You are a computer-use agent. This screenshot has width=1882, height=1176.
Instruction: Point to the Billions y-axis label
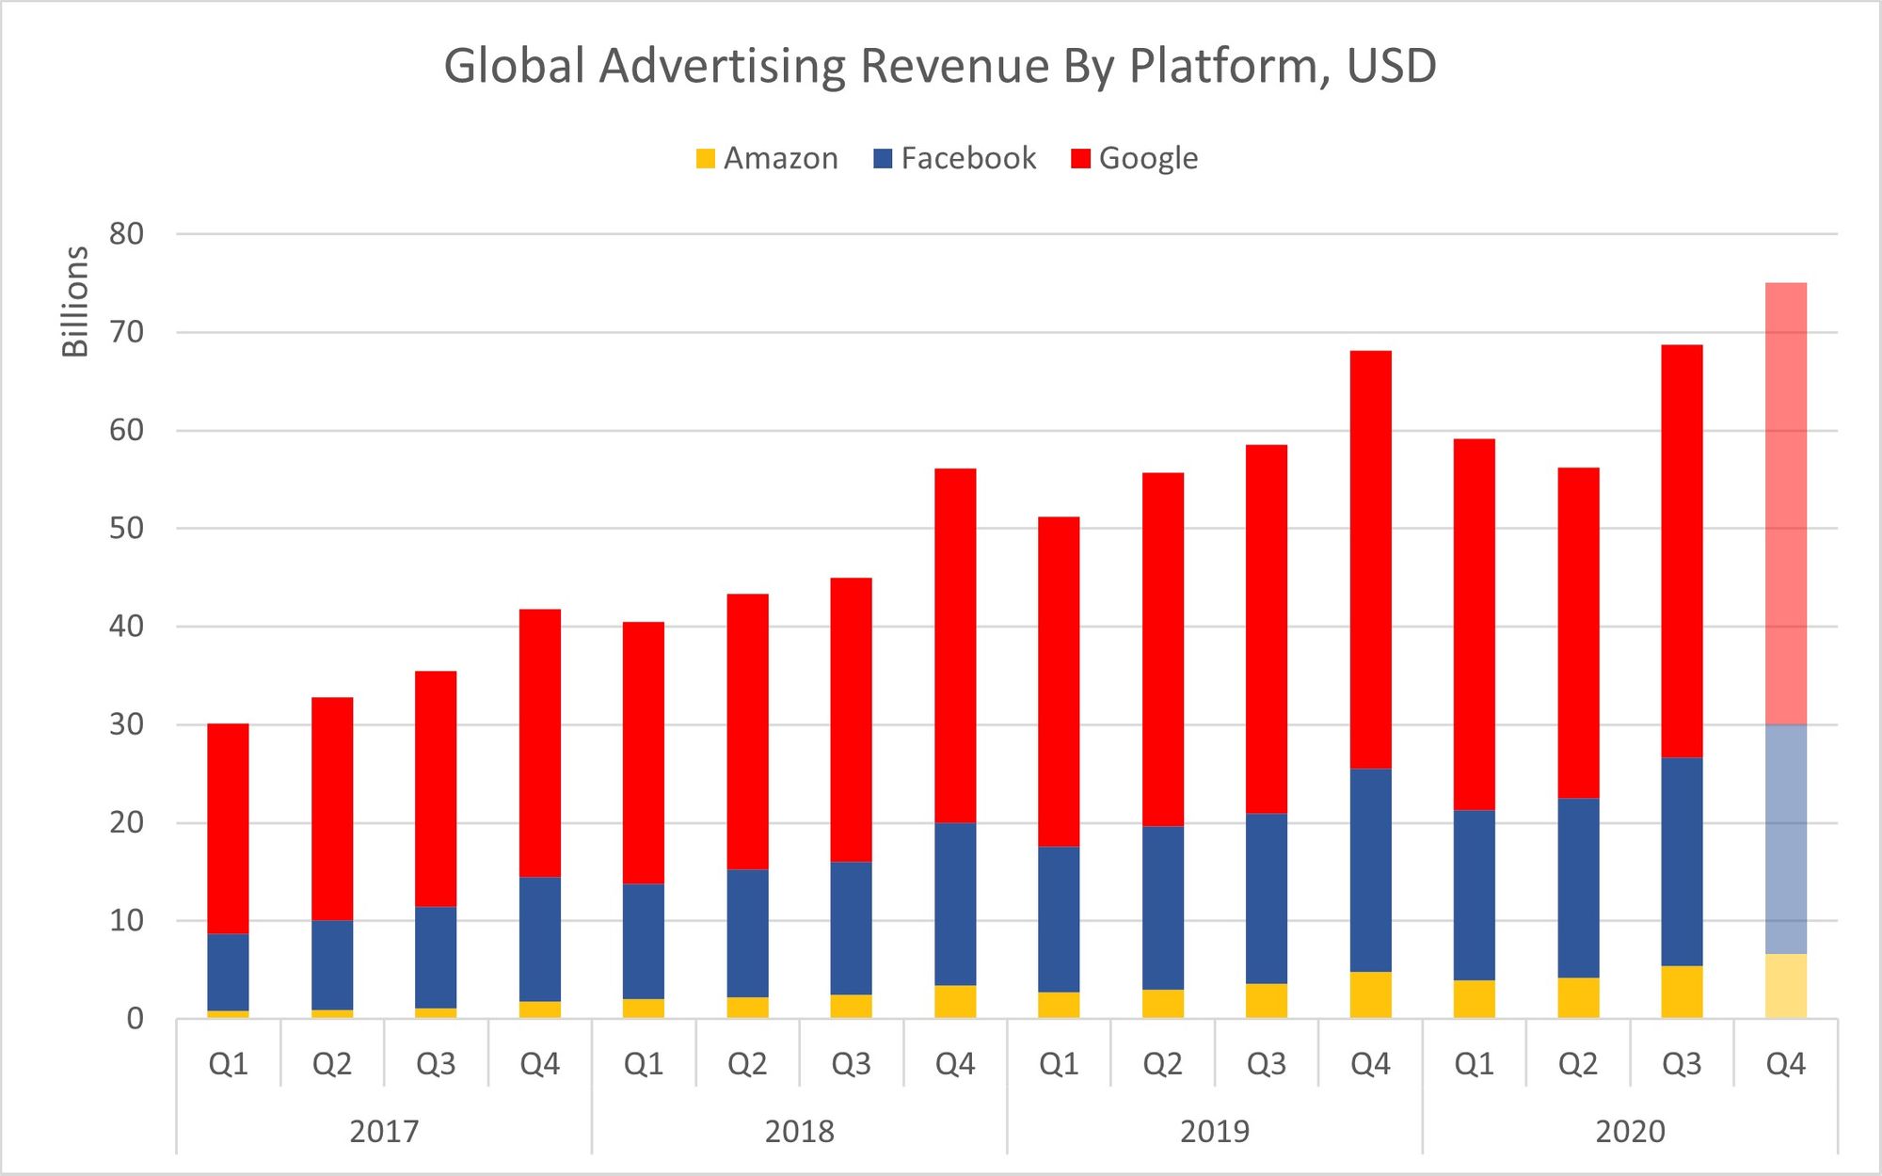[x=75, y=301]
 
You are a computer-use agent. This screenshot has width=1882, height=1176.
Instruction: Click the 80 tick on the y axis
[x=126, y=234]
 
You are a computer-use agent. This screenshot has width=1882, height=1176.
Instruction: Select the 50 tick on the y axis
[x=126, y=529]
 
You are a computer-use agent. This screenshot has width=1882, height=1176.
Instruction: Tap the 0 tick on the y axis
[x=136, y=1019]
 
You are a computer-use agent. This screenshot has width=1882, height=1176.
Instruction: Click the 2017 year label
[x=384, y=1131]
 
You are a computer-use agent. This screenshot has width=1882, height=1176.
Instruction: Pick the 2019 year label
[x=1215, y=1131]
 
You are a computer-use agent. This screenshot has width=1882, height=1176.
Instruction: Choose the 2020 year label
[x=1630, y=1131]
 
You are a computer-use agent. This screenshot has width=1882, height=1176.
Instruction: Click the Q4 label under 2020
[x=1785, y=1064]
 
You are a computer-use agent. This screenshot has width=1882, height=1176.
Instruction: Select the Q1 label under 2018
[x=644, y=1064]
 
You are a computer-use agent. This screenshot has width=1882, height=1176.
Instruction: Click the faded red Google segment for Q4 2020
[x=1785, y=503]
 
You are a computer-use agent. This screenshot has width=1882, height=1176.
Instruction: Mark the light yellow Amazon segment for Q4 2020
[x=1785, y=986]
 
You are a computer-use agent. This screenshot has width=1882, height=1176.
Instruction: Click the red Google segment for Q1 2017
[x=229, y=828]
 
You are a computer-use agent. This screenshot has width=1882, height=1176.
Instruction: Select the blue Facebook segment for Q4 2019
[x=1370, y=870]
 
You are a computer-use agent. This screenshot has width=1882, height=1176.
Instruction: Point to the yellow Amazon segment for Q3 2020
[x=1682, y=992]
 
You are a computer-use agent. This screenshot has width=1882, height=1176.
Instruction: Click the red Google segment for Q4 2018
[x=955, y=645]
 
